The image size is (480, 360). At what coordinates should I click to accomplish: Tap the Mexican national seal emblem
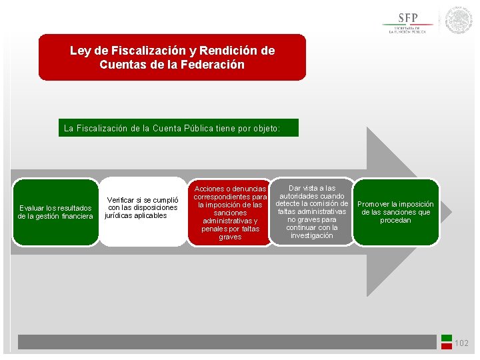(x=459, y=20)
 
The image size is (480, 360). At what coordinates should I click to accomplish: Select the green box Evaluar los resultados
(x=55, y=212)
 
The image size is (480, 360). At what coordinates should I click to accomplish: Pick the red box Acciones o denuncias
(x=230, y=213)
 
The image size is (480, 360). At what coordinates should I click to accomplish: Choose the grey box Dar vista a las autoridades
(x=311, y=212)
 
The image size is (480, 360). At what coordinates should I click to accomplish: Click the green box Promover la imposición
(x=396, y=212)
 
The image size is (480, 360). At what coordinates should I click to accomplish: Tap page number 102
(x=461, y=343)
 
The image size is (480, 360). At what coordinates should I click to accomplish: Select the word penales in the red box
(x=215, y=229)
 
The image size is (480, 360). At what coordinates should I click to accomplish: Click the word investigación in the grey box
(x=311, y=235)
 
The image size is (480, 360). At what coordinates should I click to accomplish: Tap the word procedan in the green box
(x=396, y=220)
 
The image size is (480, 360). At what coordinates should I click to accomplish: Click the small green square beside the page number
(x=447, y=338)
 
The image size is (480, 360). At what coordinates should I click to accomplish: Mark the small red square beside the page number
(x=447, y=347)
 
